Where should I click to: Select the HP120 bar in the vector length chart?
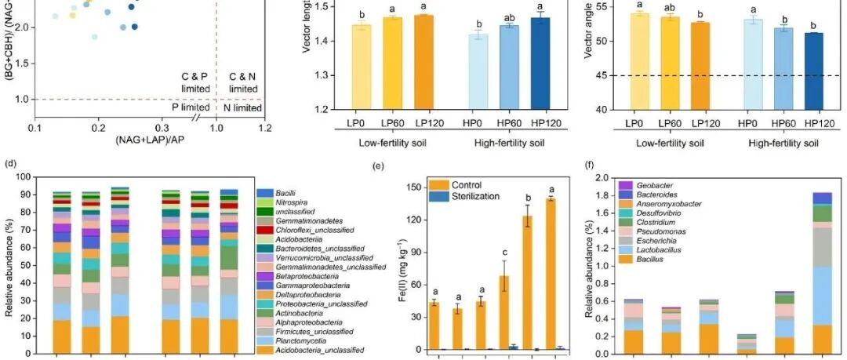pos(540,63)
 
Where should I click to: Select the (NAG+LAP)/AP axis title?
pos(150,139)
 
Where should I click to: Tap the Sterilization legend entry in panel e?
pos(474,196)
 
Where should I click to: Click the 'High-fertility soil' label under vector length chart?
pos(512,143)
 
